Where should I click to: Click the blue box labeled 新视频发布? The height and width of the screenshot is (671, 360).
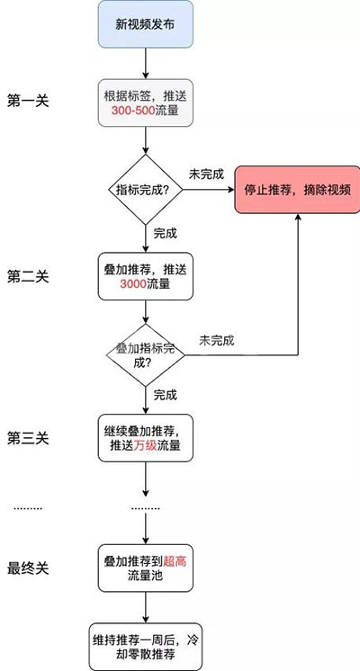[146, 24]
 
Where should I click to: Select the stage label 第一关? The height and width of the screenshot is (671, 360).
[28, 103]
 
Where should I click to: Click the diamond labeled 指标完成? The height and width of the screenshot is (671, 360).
[146, 189]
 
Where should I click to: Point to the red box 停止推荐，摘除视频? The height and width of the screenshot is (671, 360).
[297, 189]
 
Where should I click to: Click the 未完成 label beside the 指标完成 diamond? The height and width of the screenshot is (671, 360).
[206, 174]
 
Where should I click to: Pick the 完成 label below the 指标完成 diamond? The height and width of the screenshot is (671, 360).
[166, 234]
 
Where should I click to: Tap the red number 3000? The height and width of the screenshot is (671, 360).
[132, 283]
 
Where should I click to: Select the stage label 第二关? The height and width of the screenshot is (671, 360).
[28, 276]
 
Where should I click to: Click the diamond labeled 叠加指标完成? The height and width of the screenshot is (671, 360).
[146, 355]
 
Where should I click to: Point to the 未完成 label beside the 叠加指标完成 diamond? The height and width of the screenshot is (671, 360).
[217, 340]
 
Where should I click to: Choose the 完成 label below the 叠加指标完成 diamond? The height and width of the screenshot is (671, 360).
[166, 395]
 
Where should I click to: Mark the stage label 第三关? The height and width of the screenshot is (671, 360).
[28, 438]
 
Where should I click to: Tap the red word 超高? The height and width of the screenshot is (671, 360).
[175, 561]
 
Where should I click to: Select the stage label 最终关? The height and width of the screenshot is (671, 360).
[28, 568]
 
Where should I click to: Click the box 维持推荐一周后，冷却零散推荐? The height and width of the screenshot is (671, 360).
[146, 646]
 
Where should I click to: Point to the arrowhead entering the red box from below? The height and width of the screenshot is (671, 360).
[297, 217]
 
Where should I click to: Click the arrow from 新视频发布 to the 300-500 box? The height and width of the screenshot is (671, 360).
[146, 63]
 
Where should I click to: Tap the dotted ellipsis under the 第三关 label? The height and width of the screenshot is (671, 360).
[28, 508]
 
